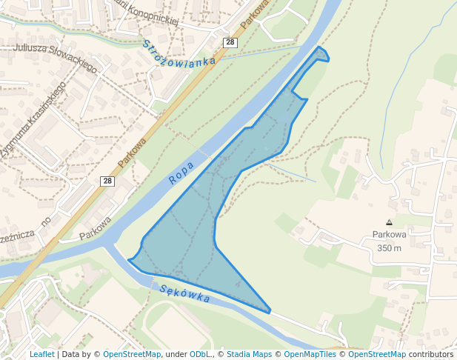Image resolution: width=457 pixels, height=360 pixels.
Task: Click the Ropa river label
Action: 181,173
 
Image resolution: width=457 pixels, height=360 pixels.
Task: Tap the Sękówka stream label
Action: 184,293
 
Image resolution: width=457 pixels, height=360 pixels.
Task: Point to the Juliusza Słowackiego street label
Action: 55,58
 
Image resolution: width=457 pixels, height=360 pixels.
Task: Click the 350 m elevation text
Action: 388,248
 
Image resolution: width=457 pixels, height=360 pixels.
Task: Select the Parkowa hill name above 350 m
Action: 389,235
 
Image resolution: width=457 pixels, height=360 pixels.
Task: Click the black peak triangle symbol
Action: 389,222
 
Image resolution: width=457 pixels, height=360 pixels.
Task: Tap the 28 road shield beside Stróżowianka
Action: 230,43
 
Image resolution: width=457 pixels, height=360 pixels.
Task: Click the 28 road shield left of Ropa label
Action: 107,181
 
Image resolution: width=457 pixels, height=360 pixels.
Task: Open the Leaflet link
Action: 41,355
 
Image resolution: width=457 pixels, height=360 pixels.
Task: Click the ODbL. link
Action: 200,355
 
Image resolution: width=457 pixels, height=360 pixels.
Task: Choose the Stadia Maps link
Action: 249,355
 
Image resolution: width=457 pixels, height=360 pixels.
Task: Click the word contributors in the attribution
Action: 431,355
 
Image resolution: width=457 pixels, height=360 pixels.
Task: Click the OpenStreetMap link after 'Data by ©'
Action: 132,355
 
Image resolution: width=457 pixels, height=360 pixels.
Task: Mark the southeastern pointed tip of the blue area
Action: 270,312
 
